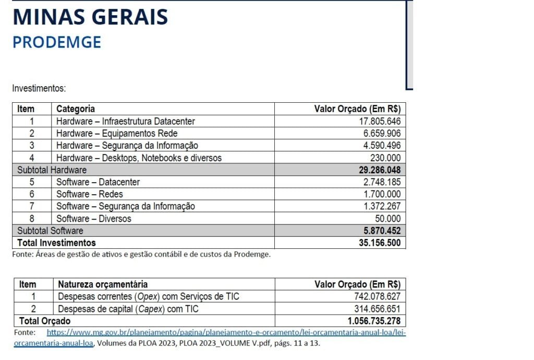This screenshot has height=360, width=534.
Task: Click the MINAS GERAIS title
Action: pos(90,17)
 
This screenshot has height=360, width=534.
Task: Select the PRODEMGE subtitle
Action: pos(57,42)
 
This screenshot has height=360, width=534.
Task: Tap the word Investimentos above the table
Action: pos(39,89)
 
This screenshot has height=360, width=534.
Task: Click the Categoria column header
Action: pos(76,109)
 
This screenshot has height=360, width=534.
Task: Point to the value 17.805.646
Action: pos(377,122)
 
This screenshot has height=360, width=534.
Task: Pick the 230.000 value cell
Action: pos(387,158)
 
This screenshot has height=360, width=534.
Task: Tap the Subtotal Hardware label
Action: pos(52,170)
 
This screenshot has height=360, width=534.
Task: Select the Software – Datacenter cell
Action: pos(98,182)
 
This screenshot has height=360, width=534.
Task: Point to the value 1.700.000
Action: pos(382,194)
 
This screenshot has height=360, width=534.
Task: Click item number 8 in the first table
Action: pos(32,219)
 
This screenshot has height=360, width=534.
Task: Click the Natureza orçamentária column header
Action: pos(103,284)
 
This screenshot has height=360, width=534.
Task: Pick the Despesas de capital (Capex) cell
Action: pos(128,309)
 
